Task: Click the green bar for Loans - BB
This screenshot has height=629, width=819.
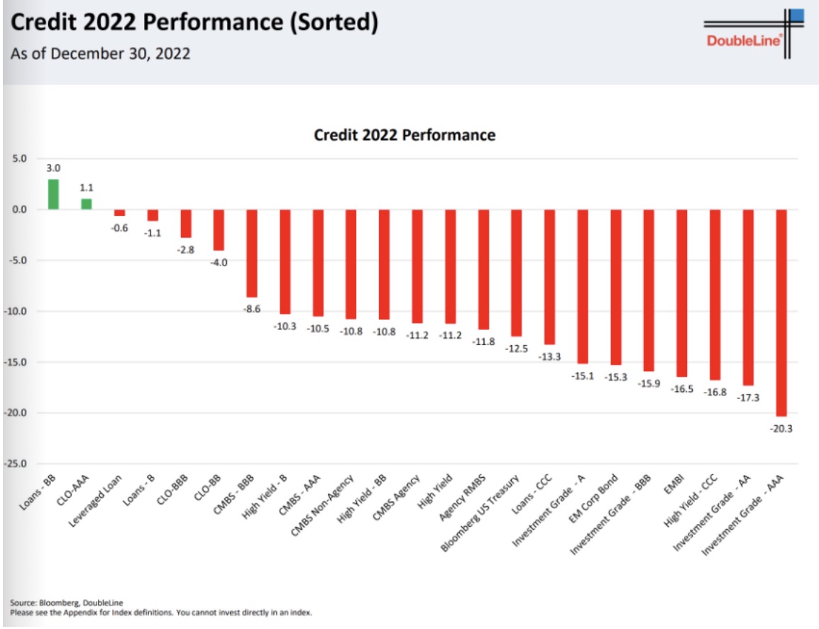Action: click(x=53, y=194)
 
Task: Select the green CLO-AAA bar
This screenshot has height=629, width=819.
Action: click(x=87, y=204)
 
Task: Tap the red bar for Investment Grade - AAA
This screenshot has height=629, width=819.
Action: click(x=781, y=312)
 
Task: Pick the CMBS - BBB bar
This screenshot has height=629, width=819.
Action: click(x=252, y=253)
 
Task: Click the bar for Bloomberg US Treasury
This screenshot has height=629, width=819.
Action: click(x=517, y=273)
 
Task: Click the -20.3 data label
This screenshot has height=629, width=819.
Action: click(x=781, y=428)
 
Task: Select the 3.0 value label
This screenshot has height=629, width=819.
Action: click(x=53, y=168)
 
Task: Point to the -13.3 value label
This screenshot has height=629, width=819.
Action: click(x=549, y=356)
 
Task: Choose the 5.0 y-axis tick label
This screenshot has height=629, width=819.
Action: click(x=19, y=158)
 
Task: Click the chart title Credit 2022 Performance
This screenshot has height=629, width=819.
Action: click(x=405, y=134)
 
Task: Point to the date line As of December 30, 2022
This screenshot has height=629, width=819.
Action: click(x=101, y=54)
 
